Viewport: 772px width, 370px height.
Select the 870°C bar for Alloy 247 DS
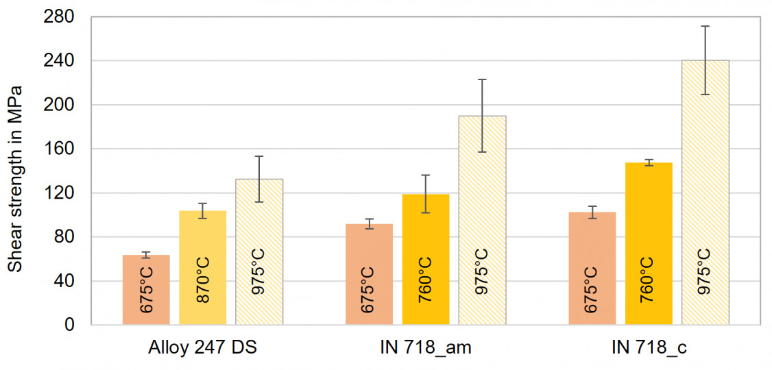[202, 267]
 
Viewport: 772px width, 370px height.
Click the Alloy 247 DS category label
[202, 347]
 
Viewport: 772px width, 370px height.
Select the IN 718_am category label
[425, 347]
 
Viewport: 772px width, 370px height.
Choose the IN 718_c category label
[649, 347]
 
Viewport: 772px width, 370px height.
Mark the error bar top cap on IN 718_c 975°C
[705, 26]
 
